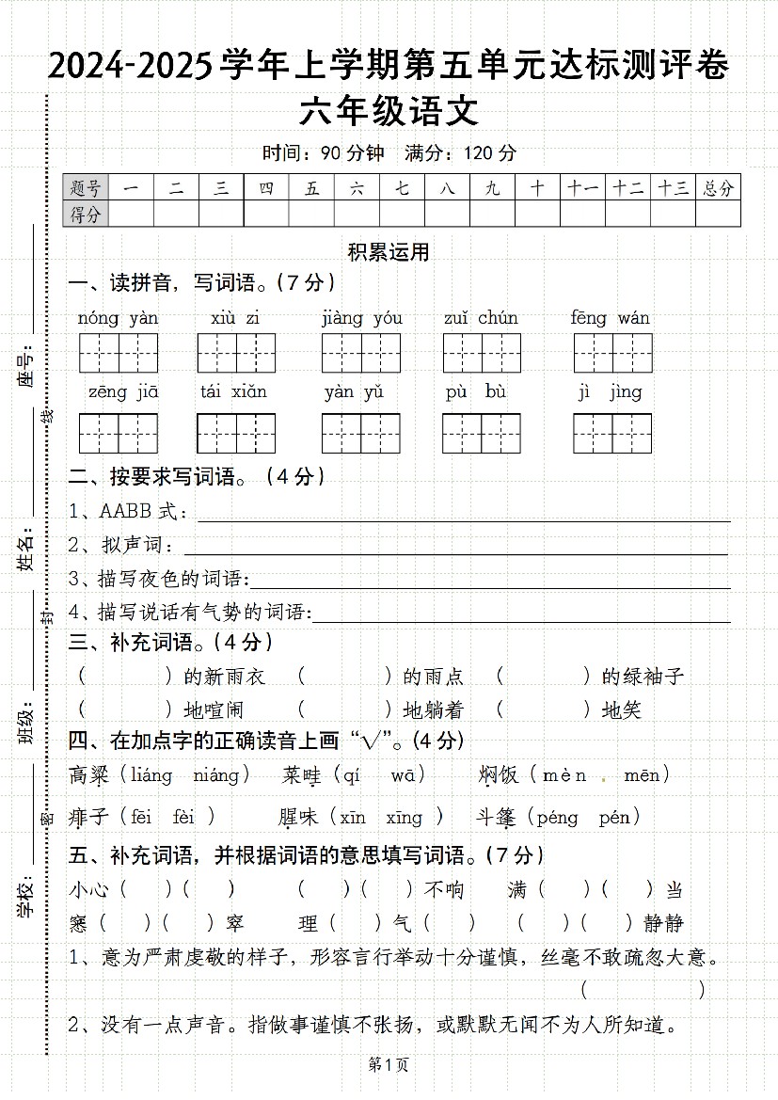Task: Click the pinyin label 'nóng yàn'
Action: click(x=118, y=318)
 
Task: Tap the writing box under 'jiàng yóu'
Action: click(x=361, y=353)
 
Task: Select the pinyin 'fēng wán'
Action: click(x=610, y=318)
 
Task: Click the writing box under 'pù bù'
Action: click(x=482, y=433)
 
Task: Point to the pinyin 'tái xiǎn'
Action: click(x=233, y=391)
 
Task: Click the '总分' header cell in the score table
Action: click(x=718, y=188)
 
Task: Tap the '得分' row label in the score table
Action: click(x=86, y=215)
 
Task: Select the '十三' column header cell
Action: click(x=673, y=188)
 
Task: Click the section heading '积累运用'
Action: click(x=389, y=251)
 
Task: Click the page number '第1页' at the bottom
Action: click(x=388, y=1065)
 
